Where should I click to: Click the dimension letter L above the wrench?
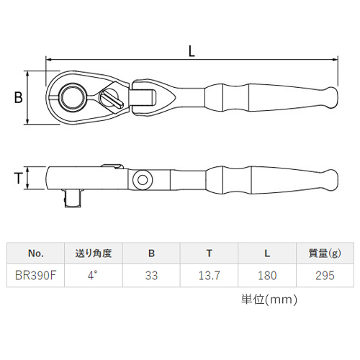point(192,51)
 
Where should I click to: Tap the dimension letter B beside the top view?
point(18,98)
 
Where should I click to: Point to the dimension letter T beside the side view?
point(18,179)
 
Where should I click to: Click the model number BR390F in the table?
point(35,276)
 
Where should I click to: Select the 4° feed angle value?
point(93,275)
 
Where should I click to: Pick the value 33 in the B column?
point(151,276)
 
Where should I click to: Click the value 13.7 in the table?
point(209,276)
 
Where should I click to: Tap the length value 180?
point(267,276)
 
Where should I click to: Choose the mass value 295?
point(325,276)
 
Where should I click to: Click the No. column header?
point(36,253)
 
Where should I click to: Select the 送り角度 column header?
point(94,253)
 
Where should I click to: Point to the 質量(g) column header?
point(325,253)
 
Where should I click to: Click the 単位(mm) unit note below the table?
point(269,300)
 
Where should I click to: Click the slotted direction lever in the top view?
point(111,99)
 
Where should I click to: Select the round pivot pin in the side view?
point(143,180)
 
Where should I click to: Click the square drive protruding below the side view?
point(73,198)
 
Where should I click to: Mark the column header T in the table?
point(210,253)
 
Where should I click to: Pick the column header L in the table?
point(267,253)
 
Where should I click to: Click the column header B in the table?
point(151,253)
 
